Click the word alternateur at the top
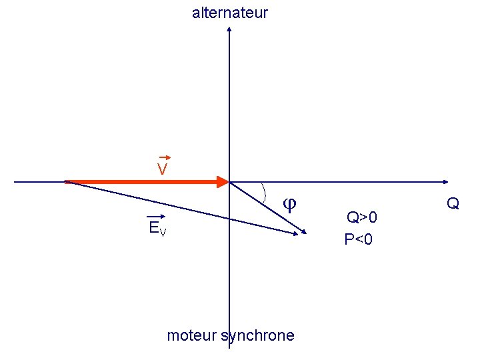point(229,12)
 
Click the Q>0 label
point(361,217)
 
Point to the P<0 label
point(359,239)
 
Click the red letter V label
point(162,170)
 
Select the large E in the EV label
point(154,228)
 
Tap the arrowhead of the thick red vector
point(223,181)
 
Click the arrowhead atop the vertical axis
point(229,30)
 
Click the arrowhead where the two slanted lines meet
point(303,232)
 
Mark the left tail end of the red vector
point(66,181)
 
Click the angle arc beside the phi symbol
point(265,193)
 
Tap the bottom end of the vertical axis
point(229,347)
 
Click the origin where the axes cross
point(229,181)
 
